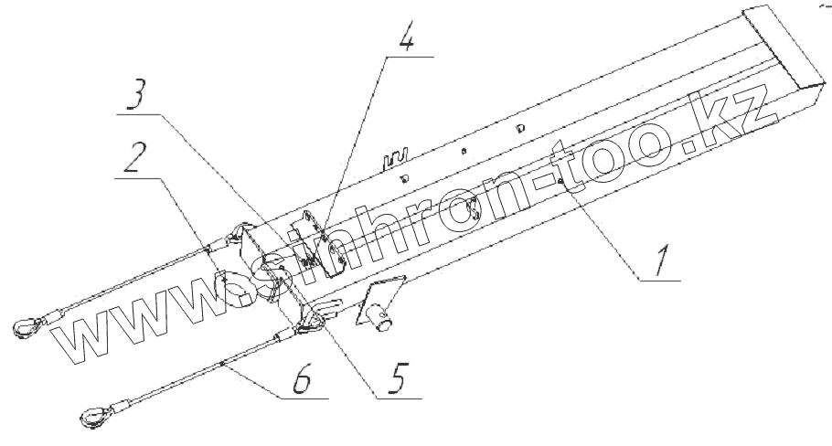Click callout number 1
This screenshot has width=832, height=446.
(x=664, y=260)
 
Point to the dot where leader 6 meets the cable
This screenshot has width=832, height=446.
(x=223, y=363)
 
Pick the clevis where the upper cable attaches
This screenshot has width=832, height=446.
(x=240, y=235)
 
